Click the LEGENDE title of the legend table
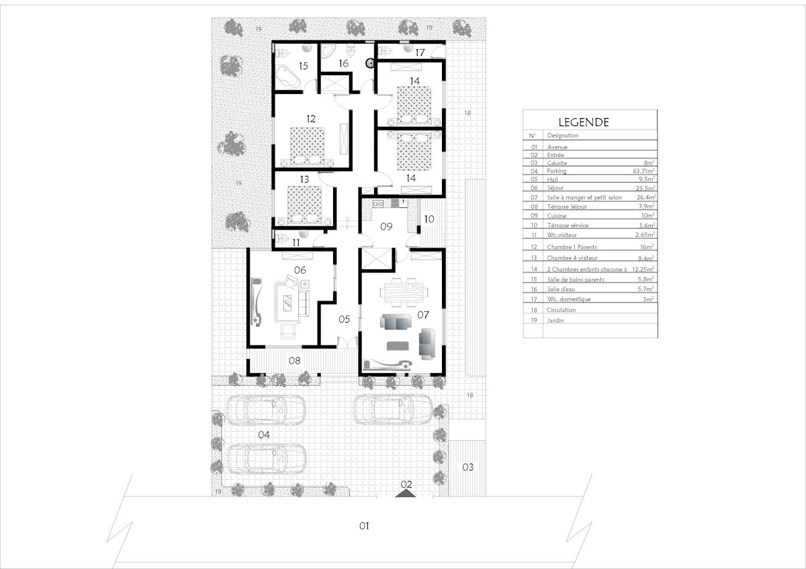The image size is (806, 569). [x=583, y=122]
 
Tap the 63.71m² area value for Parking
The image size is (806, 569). [x=643, y=170]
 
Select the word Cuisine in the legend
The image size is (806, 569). [x=557, y=216]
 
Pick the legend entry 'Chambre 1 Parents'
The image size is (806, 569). [x=572, y=247]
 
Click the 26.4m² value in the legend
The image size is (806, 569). [x=646, y=197]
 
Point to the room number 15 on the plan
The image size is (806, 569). [x=304, y=66]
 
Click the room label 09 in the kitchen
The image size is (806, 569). [x=386, y=226]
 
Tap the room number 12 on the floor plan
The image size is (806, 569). [x=311, y=119]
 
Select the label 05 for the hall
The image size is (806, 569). [x=344, y=319]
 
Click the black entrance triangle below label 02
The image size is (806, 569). [x=406, y=494]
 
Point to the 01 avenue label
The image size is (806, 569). [x=364, y=526]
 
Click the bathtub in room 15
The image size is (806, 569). [x=288, y=77]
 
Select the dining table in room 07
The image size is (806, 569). [x=404, y=292]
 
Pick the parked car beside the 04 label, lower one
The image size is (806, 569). [x=267, y=460]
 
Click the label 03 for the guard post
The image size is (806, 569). [x=467, y=467]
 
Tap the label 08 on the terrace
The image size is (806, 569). [x=294, y=360]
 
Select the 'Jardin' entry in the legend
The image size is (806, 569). [x=555, y=320]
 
